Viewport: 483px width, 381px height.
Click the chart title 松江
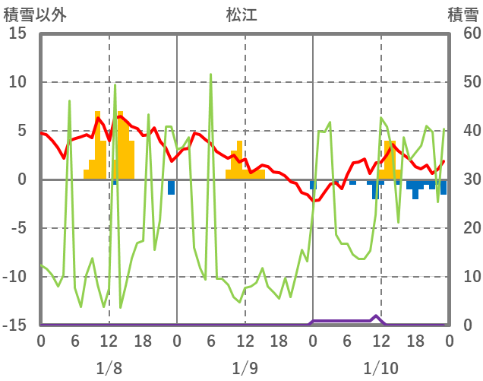pos(241,14)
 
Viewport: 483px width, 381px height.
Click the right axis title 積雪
pos(462,14)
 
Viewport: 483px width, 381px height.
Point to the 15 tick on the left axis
pos(17,33)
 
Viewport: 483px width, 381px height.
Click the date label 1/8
pos(109,368)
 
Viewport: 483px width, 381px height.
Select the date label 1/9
pos(245,368)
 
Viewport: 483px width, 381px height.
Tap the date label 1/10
pos(380,368)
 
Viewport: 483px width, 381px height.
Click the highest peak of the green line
pos(211,75)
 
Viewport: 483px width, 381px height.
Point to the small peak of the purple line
pos(376,316)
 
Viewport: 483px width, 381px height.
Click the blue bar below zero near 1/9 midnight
pos(172,187)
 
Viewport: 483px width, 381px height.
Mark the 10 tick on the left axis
pos(17,82)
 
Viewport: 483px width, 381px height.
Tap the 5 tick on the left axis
pos(21,131)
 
